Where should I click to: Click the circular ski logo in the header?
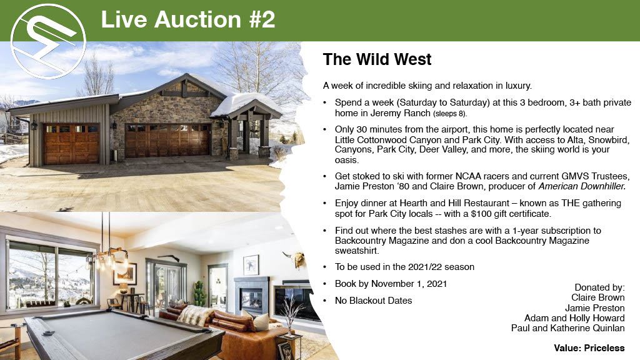pyautogui.click(x=48, y=41)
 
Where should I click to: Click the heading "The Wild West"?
pyautogui.click(x=377, y=59)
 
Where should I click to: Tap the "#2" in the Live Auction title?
pyautogui.click(x=262, y=19)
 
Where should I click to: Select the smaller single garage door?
pyautogui.click(x=71, y=144)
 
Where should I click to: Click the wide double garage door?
pyautogui.click(x=167, y=141)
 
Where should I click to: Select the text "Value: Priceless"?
pyautogui.click(x=589, y=348)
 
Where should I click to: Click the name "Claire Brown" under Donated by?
pyautogui.click(x=597, y=297)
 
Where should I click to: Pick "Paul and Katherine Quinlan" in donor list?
pyautogui.click(x=567, y=328)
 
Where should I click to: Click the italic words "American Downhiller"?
pyautogui.click(x=582, y=186)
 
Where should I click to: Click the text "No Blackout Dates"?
pyautogui.click(x=374, y=301)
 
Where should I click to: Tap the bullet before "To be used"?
pyautogui.click(x=325, y=267)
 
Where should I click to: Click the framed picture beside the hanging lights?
pyautogui.click(x=125, y=274)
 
